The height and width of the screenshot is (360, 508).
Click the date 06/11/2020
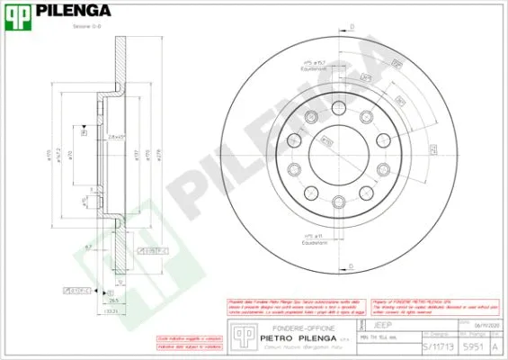click(x=477, y=321)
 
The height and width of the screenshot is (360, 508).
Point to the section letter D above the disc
click(x=351, y=28)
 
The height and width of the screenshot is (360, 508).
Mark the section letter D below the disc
click(x=351, y=265)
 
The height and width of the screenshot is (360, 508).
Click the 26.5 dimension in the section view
click(x=113, y=301)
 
